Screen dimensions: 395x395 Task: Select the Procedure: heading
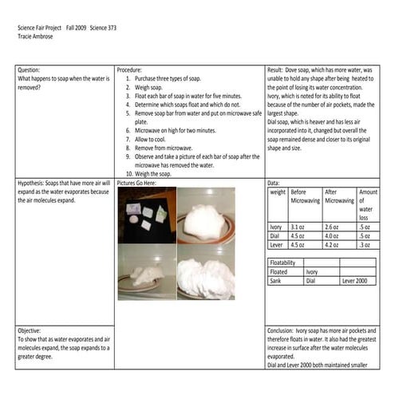click(x=130, y=70)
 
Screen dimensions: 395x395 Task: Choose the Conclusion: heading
click(x=285, y=329)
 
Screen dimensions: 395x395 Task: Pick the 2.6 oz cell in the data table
click(x=332, y=227)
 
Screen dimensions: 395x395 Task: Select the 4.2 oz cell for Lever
click(x=332, y=244)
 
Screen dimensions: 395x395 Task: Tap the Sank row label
click(x=278, y=281)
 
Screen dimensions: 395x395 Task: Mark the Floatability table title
click(x=284, y=262)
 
